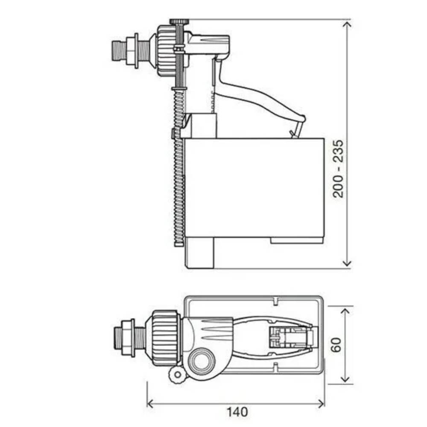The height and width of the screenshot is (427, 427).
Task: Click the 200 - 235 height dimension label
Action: point(339,169)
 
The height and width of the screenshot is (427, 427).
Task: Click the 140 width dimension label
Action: point(237,412)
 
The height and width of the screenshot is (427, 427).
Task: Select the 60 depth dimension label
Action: point(336,345)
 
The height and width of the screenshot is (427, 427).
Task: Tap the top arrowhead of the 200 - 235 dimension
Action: point(347,24)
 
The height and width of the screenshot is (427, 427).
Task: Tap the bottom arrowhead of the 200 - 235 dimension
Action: point(347,263)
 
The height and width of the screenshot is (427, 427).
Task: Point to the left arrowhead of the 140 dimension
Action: point(151,404)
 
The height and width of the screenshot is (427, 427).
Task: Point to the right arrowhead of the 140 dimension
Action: point(321,404)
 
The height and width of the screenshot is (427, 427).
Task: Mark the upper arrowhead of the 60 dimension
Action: point(345,312)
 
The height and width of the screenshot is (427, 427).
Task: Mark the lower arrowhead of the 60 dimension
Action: point(345,379)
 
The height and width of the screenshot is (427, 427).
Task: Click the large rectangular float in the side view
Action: point(254,187)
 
